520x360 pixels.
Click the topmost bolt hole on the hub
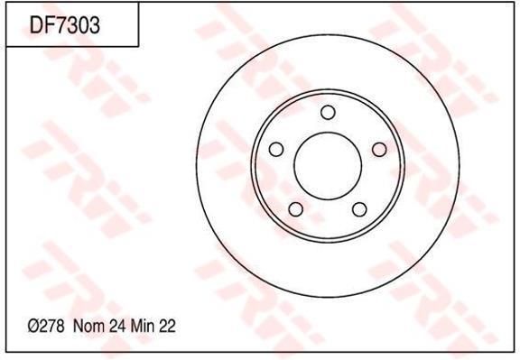[x=328, y=112]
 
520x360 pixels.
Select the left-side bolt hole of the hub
[x=276, y=148]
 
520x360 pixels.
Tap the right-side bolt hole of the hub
[x=378, y=149]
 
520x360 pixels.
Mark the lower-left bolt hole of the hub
[x=296, y=209]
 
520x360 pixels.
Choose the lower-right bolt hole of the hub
[x=358, y=209]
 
